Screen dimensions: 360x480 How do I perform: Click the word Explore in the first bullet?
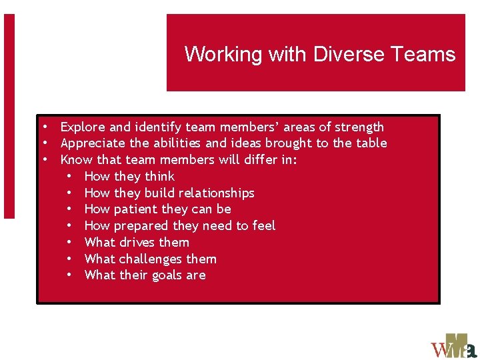(83, 127)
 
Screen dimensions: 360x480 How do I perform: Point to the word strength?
(359, 127)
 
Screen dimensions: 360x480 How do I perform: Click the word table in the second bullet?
(371, 143)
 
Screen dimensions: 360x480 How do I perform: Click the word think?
(159, 176)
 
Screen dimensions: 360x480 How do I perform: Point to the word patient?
(137, 209)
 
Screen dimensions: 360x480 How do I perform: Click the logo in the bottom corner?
(453, 345)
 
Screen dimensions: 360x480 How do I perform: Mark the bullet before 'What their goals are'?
(69, 275)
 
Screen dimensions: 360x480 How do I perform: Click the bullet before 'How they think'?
(69, 176)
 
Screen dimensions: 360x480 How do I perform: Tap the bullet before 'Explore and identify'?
(44, 127)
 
